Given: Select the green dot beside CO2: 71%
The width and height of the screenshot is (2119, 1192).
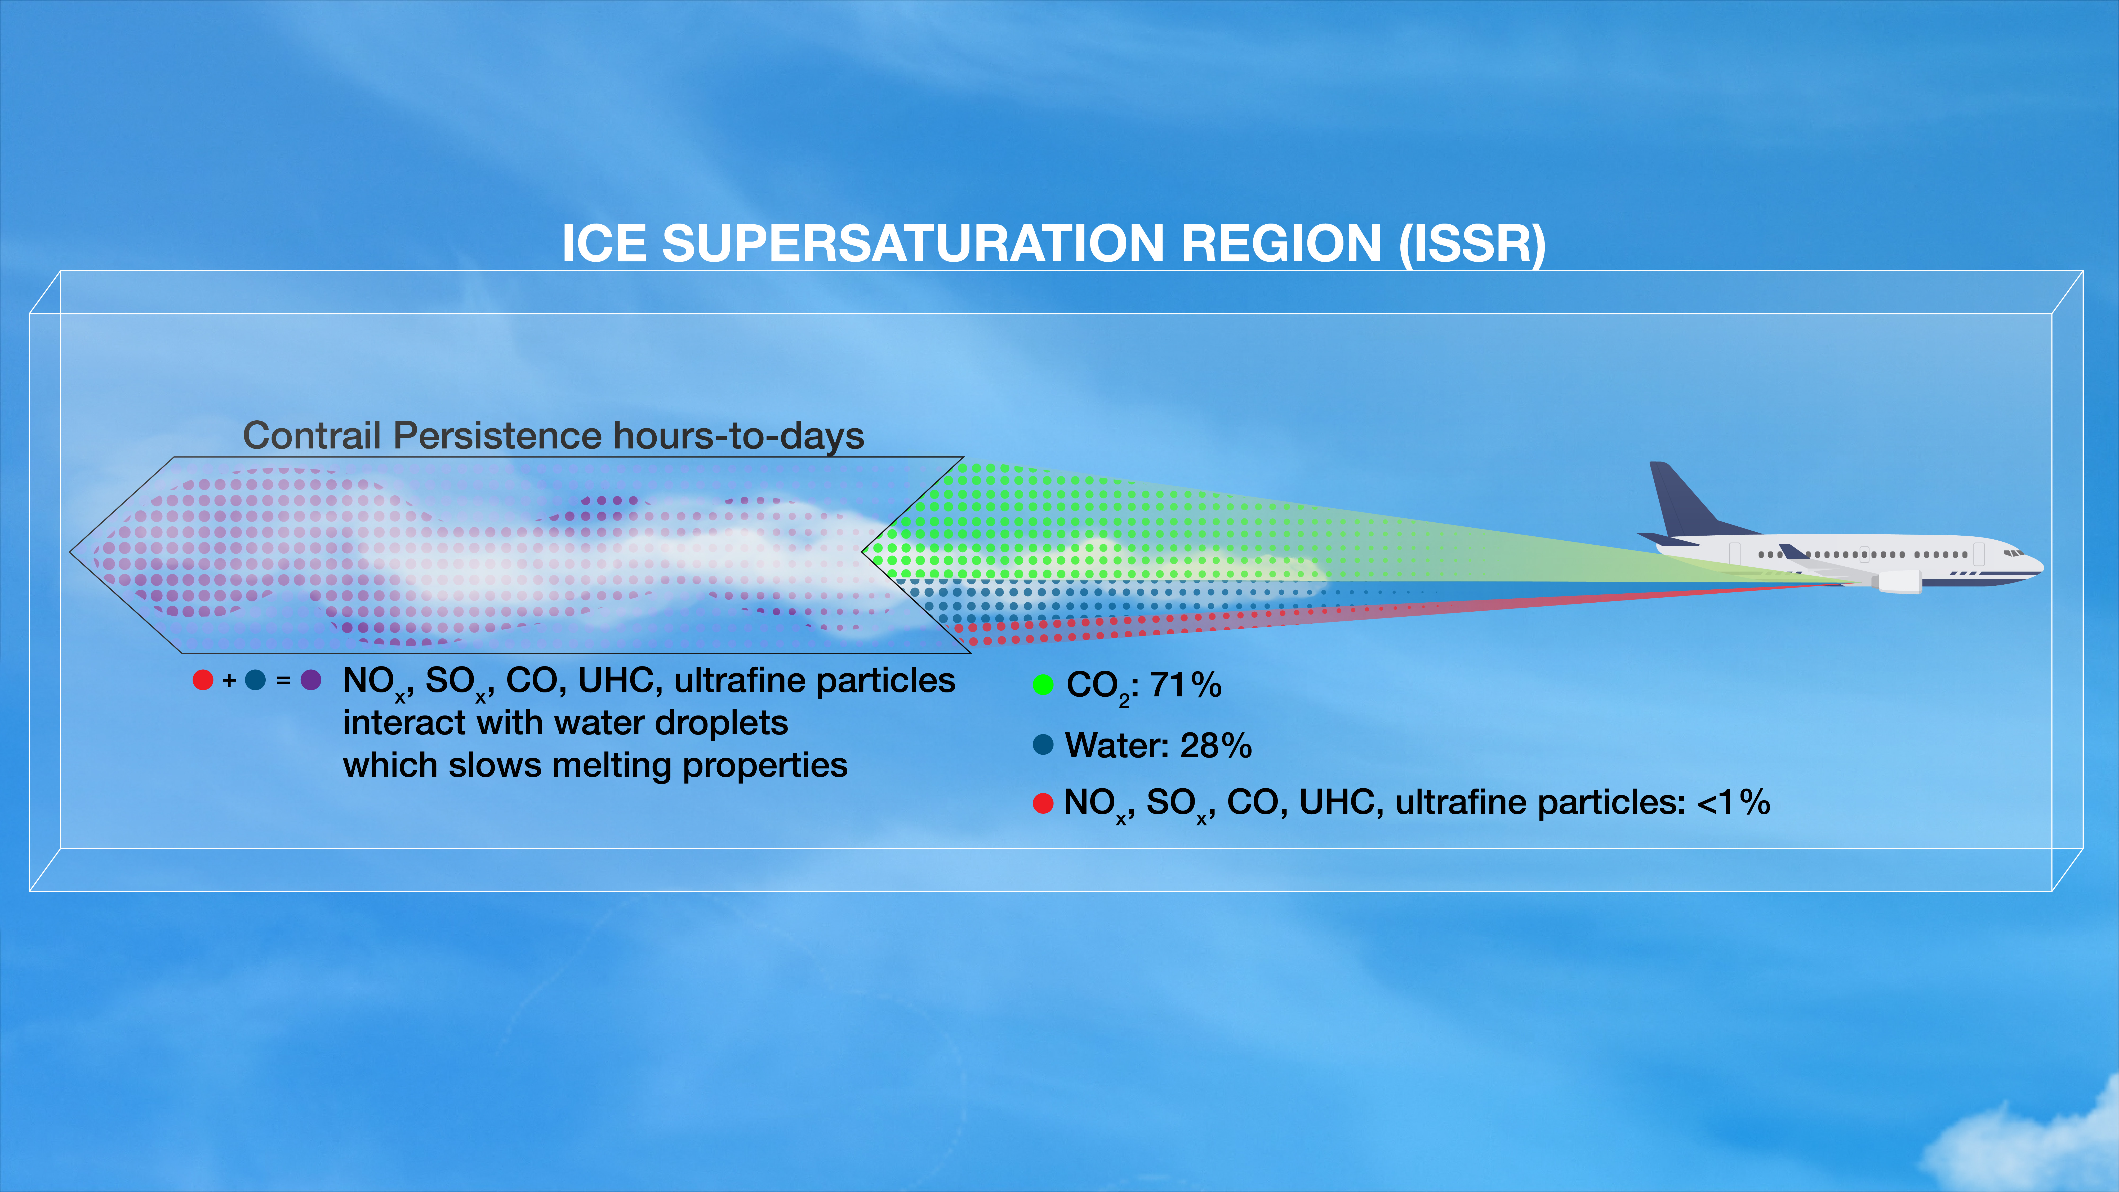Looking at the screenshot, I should point(1043,684).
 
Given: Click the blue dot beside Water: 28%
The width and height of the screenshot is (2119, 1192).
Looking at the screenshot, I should point(1043,745).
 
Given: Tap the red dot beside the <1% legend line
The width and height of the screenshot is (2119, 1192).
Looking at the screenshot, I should point(1043,803).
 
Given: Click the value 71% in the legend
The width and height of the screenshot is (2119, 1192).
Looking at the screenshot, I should point(1185,684).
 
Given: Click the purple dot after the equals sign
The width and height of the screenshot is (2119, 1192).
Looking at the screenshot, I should point(311,680).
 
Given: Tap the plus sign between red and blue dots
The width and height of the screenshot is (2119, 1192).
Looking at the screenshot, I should point(229,680).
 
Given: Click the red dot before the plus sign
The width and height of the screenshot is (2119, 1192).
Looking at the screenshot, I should point(202,680).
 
